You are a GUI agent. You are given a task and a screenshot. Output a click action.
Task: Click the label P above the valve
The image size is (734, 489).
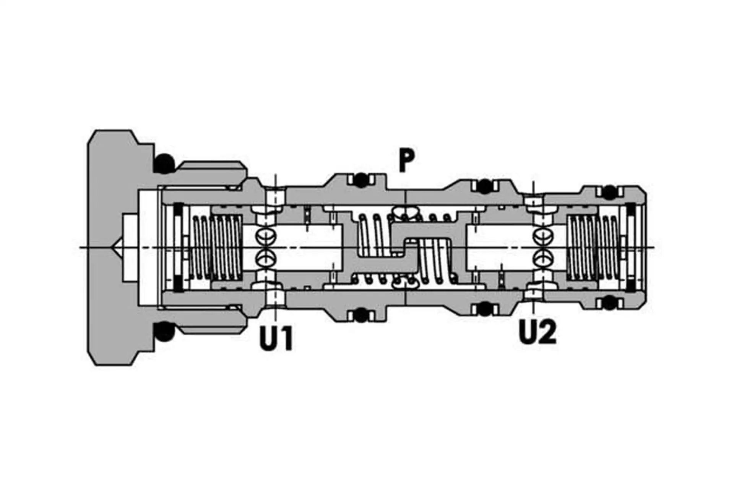coord(406,161)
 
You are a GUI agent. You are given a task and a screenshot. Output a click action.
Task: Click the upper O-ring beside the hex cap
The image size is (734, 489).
coord(164,164)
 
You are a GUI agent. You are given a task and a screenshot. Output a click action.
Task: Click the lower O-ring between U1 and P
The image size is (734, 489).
coord(360,315)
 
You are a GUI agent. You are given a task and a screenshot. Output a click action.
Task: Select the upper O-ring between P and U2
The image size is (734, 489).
coord(485,186)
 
